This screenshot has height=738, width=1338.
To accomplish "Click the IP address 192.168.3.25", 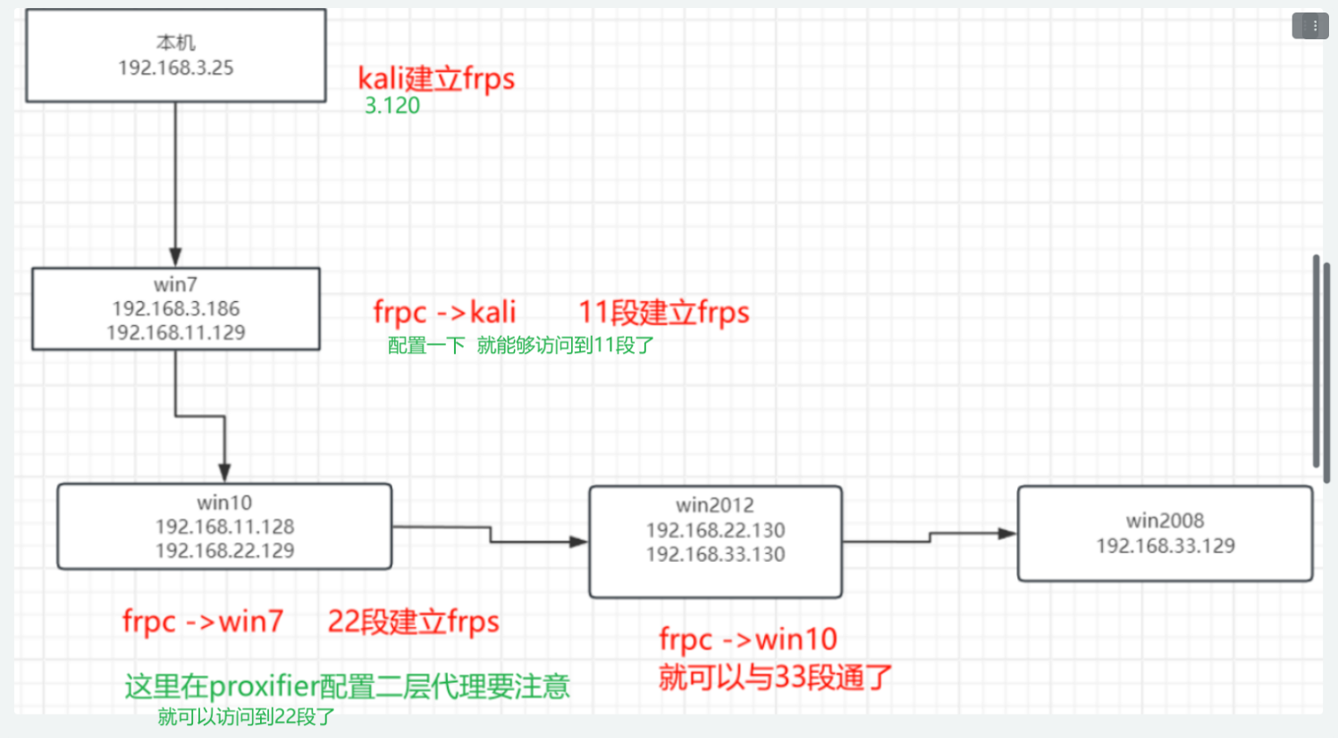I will click(176, 68).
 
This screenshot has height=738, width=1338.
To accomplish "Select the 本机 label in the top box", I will click(176, 42).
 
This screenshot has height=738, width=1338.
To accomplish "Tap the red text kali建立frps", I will click(436, 79).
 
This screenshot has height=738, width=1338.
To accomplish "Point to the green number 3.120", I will click(392, 105).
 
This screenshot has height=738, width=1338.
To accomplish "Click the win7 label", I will click(175, 284).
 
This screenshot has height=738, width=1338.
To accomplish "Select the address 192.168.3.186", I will click(176, 308).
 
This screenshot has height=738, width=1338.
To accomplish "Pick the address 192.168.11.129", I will click(176, 332).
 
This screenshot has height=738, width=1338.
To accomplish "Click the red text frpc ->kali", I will click(444, 312).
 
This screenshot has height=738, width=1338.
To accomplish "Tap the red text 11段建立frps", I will click(663, 312).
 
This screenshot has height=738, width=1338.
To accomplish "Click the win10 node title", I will click(224, 502).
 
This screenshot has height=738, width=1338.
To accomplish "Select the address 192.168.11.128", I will click(224, 526).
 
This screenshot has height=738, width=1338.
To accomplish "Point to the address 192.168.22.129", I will click(224, 550).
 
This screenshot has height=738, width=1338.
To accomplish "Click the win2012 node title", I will click(715, 505).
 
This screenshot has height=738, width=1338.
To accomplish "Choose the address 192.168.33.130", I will click(715, 554).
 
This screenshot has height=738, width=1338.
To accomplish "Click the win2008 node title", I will click(1165, 520).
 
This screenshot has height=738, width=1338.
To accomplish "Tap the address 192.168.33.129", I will click(1165, 546).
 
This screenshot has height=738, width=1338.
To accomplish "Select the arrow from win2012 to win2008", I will click(930, 537).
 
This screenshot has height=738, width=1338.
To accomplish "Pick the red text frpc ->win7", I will click(203, 621).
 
